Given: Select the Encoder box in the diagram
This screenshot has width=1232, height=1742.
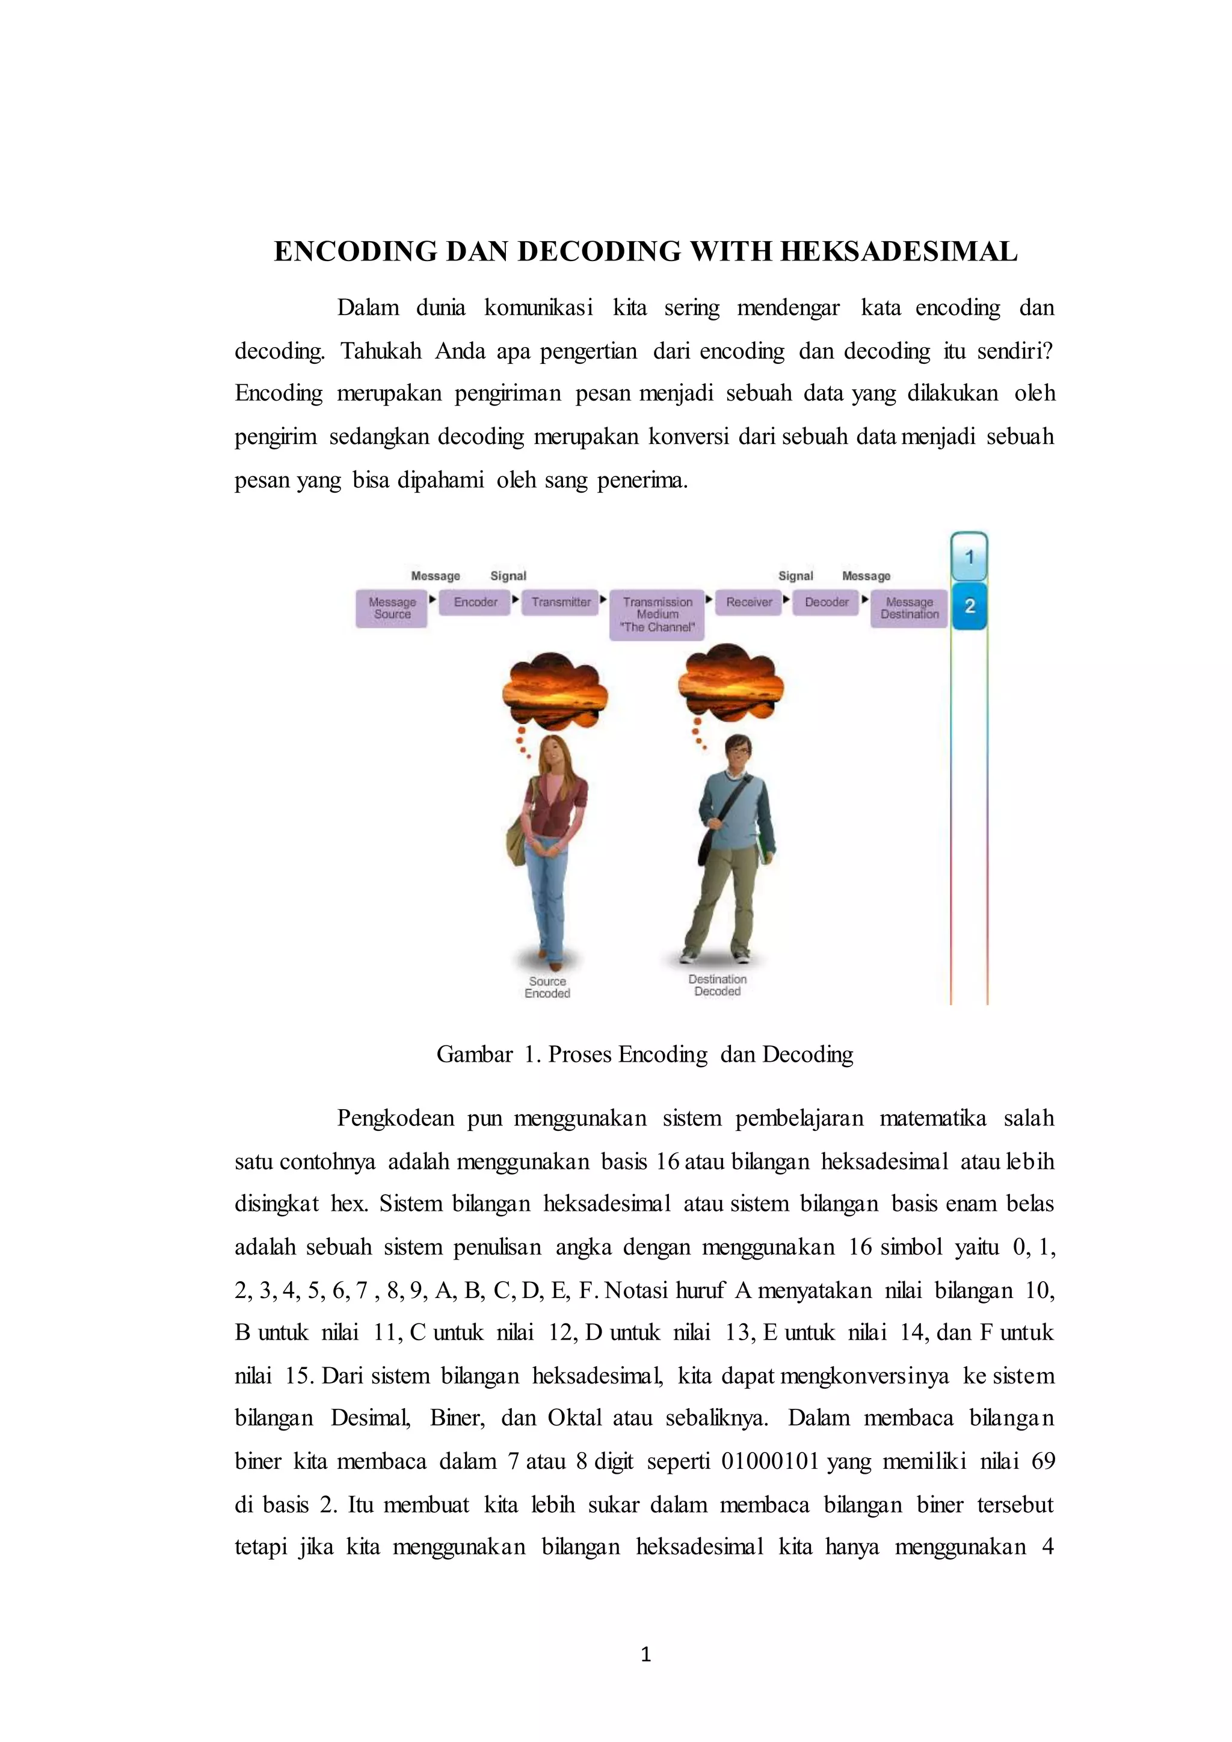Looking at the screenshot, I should pos(475,602).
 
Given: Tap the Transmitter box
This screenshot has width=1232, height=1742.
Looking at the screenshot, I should pos(561,602).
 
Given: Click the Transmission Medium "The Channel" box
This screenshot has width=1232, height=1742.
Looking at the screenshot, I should pos(657,615).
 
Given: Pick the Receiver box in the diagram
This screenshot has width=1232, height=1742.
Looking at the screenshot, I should pos(749,602).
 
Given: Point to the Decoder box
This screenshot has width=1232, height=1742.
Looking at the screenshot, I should pos(826,602).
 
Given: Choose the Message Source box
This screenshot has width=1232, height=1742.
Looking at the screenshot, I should pos(392,609).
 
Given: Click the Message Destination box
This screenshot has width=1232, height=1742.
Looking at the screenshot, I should pos(909,609).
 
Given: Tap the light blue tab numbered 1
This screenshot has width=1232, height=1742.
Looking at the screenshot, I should pos(969,557).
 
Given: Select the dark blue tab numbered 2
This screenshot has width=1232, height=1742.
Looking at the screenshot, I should pos(969,606).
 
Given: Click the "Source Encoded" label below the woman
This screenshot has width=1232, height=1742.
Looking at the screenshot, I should pos(547,987).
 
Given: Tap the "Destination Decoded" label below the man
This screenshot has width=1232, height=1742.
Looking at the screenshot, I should pos(717,985).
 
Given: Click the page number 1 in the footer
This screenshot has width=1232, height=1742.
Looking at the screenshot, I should pos(645,1655).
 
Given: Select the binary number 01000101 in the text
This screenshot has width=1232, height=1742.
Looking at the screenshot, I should pos(770,1461).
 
